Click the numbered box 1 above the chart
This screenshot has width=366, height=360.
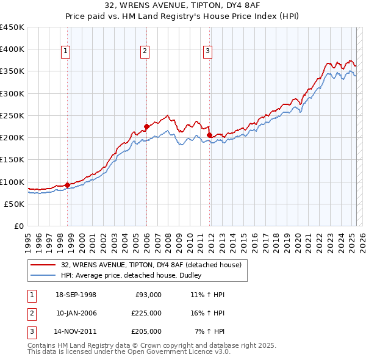click(x=65, y=51)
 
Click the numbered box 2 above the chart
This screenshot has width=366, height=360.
click(x=145, y=51)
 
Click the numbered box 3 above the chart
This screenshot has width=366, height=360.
click(x=208, y=51)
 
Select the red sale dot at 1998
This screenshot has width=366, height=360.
click(x=67, y=184)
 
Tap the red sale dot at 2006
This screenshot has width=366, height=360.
click(x=146, y=126)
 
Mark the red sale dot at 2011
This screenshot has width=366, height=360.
click(x=209, y=135)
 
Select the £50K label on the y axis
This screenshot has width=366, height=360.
click(x=14, y=204)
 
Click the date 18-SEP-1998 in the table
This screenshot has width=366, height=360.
click(x=76, y=295)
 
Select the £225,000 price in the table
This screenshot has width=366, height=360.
click(x=146, y=313)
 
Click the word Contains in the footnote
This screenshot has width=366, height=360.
click(x=43, y=345)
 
